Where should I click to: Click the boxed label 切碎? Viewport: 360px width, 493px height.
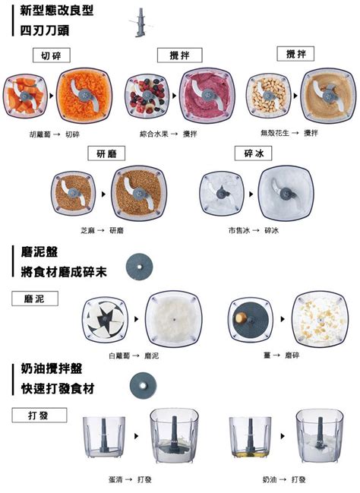pyautogui.click(x=52, y=55)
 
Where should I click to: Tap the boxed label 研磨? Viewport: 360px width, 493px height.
pyautogui.click(x=106, y=153)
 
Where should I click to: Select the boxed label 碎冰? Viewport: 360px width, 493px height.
pyautogui.click(x=254, y=153)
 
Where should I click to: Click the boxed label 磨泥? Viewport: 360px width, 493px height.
pyautogui.click(x=35, y=299)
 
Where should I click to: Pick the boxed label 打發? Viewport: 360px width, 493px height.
pyautogui.click(x=39, y=415)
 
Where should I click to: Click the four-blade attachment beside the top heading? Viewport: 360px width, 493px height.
pyautogui.click(x=140, y=22)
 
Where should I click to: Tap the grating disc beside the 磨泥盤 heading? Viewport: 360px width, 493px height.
pyautogui.click(x=139, y=267)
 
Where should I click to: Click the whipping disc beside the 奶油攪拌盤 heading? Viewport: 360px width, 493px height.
pyautogui.click(x=143, y=385)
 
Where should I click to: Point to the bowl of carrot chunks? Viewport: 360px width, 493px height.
pyautogui.click(x=25, y=96)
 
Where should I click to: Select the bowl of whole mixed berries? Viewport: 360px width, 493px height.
pyautogui.click(x=147, y=96)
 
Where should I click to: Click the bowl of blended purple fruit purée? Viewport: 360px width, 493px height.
pyautogui.click(x=207, y=95)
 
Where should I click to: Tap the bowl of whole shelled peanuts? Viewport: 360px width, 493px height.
pyautogui.click(x=269, y=96)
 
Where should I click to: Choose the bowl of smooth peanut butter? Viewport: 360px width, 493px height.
pyautogui.click(x=328, y=95)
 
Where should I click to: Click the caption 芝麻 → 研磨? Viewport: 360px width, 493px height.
pyautogui.click(x=103, y=231)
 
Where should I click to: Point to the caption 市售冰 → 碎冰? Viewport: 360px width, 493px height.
pyautogui.click(x=254, y=231)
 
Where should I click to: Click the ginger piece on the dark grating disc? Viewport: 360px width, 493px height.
pyautogui.click(x=241, y=318)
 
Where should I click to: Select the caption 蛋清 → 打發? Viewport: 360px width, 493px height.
pyautogui.click(x=130, y=479)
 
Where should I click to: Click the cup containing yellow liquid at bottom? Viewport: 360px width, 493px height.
pyautogui.click(x=251, y=437)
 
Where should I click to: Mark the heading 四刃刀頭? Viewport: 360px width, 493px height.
pyautogui.click(x=45, y=31)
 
